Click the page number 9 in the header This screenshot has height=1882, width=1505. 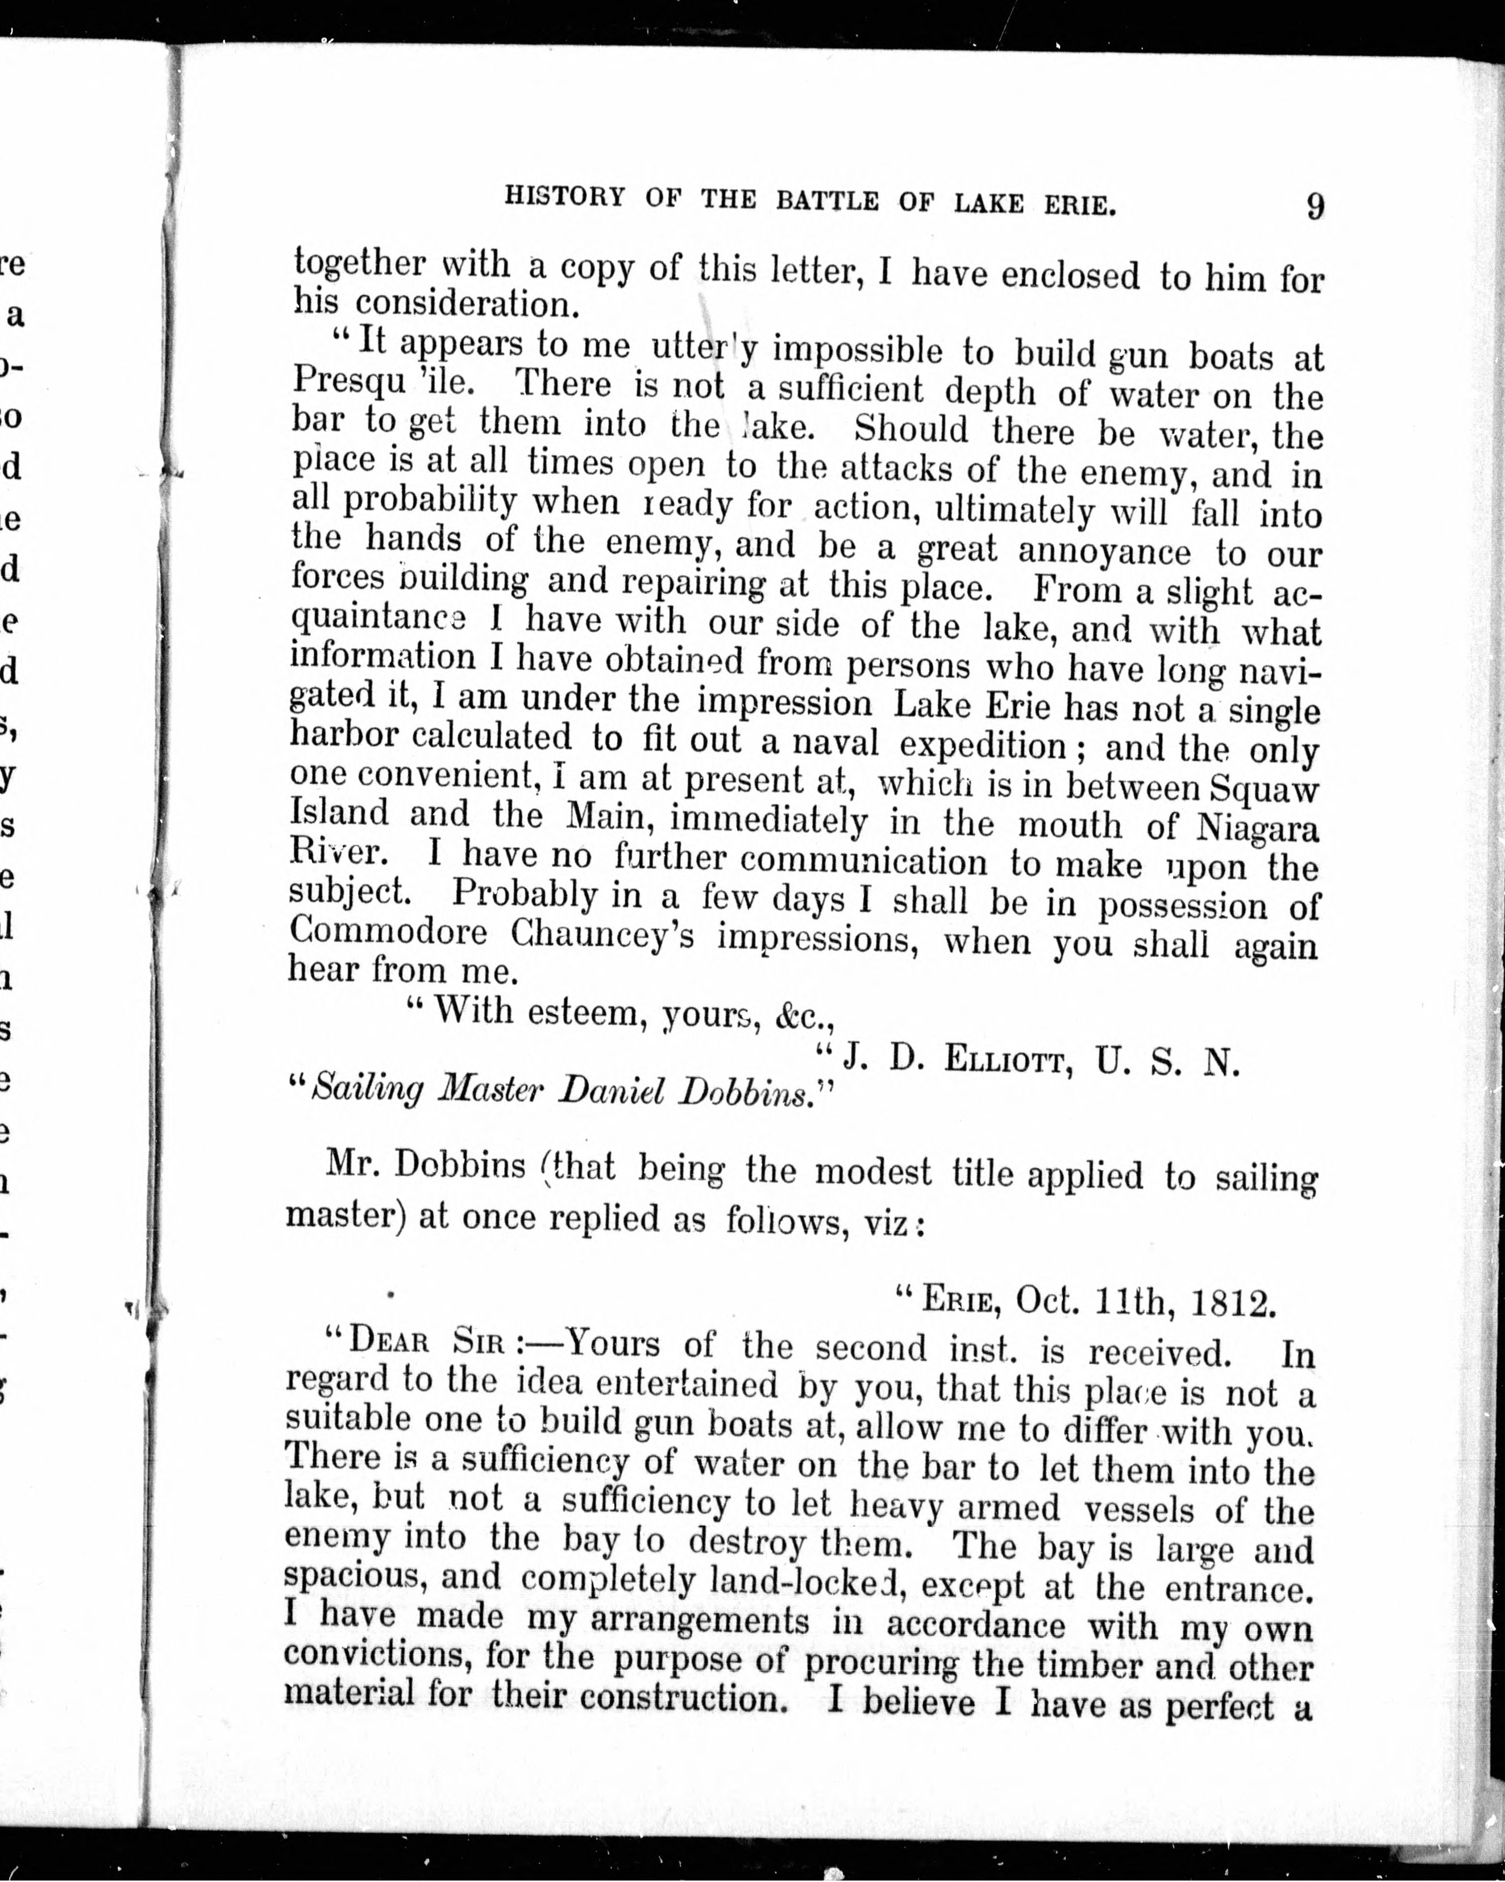point(1315,206)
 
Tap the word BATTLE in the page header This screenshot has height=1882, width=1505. point(827,200)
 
